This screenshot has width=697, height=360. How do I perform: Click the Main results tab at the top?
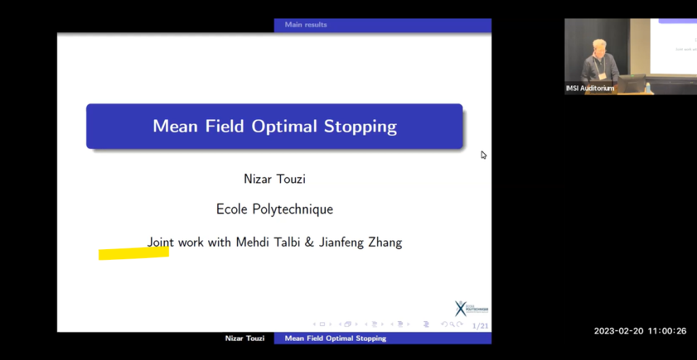306,24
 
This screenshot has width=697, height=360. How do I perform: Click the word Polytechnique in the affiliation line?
295,210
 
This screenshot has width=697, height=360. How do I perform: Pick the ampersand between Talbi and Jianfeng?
310,242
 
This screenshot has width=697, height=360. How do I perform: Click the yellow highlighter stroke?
133,253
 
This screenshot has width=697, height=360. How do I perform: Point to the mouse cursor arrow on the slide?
483,154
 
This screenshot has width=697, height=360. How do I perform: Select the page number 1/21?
480,326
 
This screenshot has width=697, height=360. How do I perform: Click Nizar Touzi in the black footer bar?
246,338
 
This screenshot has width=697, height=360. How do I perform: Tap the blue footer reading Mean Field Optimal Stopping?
335,338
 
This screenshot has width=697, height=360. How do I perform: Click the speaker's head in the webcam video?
599,46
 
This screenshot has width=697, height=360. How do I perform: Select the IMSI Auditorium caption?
589,88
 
